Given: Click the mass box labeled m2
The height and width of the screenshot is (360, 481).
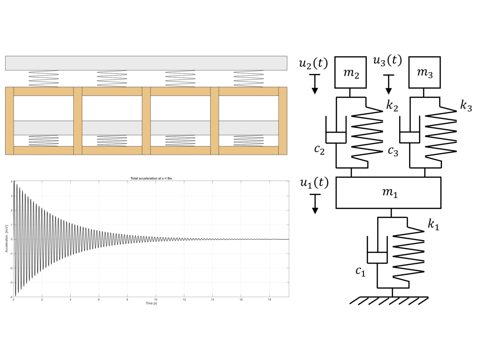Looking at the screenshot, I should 351,72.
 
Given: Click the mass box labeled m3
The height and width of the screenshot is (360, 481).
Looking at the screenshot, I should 425,72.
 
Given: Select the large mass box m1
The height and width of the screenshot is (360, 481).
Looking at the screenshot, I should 388,193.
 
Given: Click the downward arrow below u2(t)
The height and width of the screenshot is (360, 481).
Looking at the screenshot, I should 315,85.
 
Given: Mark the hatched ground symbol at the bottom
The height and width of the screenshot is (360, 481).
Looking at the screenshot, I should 393,301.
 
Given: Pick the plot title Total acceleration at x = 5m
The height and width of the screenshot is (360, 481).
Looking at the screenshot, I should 151,178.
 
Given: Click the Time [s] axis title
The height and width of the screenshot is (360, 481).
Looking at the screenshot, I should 151,303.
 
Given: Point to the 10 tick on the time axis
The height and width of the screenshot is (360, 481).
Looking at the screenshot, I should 156,299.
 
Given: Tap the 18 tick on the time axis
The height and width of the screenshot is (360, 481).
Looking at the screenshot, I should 269,299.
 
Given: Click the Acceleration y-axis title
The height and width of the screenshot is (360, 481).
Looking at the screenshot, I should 7,238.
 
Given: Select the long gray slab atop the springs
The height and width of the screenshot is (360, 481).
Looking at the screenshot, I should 146,63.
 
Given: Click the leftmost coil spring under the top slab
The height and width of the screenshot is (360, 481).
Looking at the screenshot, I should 44,79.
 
